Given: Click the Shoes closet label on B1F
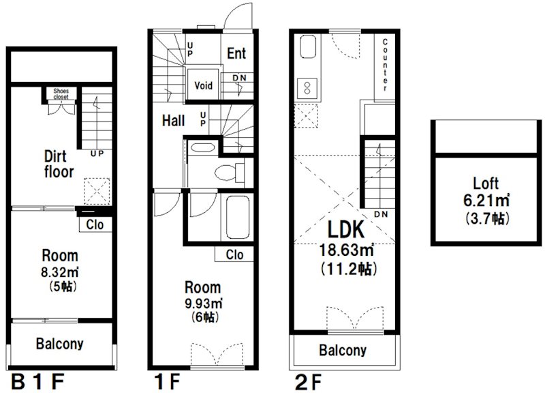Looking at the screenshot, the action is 61,94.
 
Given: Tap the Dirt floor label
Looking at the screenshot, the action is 59,164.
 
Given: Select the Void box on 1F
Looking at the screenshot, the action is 203,85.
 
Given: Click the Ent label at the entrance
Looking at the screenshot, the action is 236,53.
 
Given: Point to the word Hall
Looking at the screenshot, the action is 173,121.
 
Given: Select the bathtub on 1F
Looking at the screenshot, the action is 238,217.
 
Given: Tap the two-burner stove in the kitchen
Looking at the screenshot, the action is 307,89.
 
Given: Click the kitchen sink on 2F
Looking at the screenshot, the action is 307,46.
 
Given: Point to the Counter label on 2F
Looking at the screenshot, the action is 385,65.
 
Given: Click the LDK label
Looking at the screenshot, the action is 346,229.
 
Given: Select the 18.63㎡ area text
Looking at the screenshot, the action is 347,250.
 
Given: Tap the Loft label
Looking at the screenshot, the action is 486,183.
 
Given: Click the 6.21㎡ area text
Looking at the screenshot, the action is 486,201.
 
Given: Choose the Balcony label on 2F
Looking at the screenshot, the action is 343,350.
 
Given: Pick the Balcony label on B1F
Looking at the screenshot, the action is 60,344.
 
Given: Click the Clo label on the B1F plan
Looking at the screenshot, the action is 95,224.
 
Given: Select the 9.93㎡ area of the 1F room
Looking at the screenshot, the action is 203,303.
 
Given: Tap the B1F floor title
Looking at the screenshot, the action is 38,381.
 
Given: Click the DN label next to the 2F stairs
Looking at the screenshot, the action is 381,214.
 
